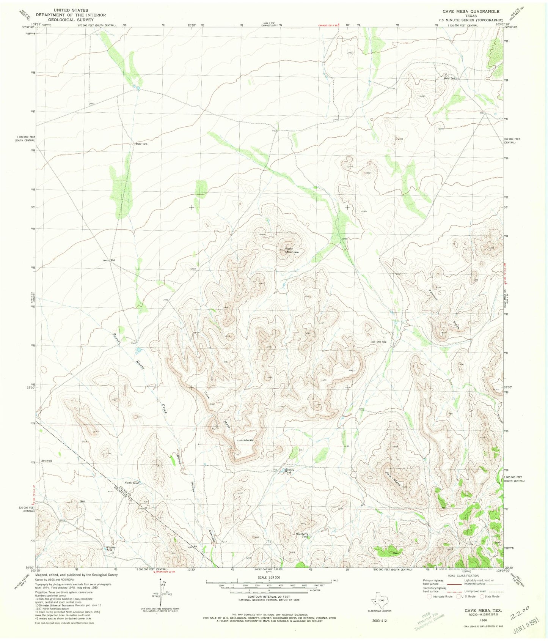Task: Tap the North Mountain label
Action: coord(292,250)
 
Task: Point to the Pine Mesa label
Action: coord(394,479)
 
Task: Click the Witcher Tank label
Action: coord(110,549)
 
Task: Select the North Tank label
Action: coord(132,483)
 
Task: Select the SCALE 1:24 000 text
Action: coord(269,577)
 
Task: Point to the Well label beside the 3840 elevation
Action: coord(112,260)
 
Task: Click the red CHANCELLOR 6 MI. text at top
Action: coord(328,25)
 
